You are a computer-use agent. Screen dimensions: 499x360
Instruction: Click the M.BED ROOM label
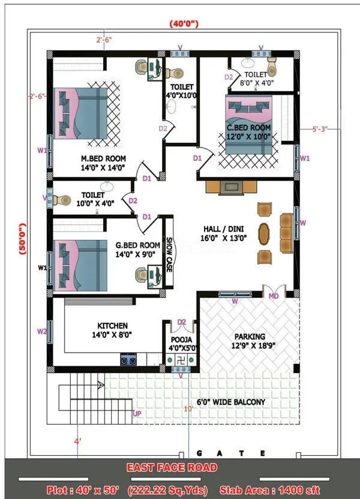click(103, 159)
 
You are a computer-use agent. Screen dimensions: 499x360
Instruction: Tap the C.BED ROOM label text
click(248, 128)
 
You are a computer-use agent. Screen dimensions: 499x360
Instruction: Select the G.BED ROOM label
click(138, 245)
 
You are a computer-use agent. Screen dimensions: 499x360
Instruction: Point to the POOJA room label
click(181, 340)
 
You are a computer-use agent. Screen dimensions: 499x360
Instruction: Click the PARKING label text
click(250, 336)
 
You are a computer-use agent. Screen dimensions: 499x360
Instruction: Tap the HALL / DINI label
click(226, 229)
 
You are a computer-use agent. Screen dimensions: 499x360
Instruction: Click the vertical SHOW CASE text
click(169, 253)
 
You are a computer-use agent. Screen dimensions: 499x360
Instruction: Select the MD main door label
click(273, 296)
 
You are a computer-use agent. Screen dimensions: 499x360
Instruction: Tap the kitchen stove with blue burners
click(128, 359)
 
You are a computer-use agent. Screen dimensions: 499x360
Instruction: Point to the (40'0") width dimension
click(184, 23)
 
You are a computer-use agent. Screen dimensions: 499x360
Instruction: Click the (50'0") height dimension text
click(23, 239)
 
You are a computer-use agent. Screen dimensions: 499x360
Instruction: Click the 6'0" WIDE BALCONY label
click(231, 402)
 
